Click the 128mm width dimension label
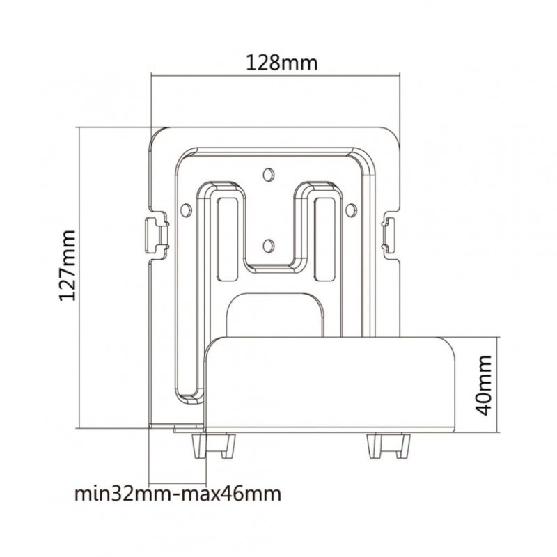pyautogui.click(x=282, y=63)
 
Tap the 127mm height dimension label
pyautogui.click(x=67, y=266)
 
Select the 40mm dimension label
pyautogui.click(x=483, y=385)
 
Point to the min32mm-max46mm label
pyautogui.click(x=178, y=494)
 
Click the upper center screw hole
pyautogui.click(x=269, y=174)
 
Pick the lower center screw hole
pyautogui.click(x=269, y=246)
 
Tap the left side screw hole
pyautogui.click(x=186, y=210)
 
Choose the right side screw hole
pyautogui.click(x=351, y=210)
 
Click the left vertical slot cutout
pyautogui.click(x=228, y=240)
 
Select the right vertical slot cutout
pyautogui.click(x=324, y=240)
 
